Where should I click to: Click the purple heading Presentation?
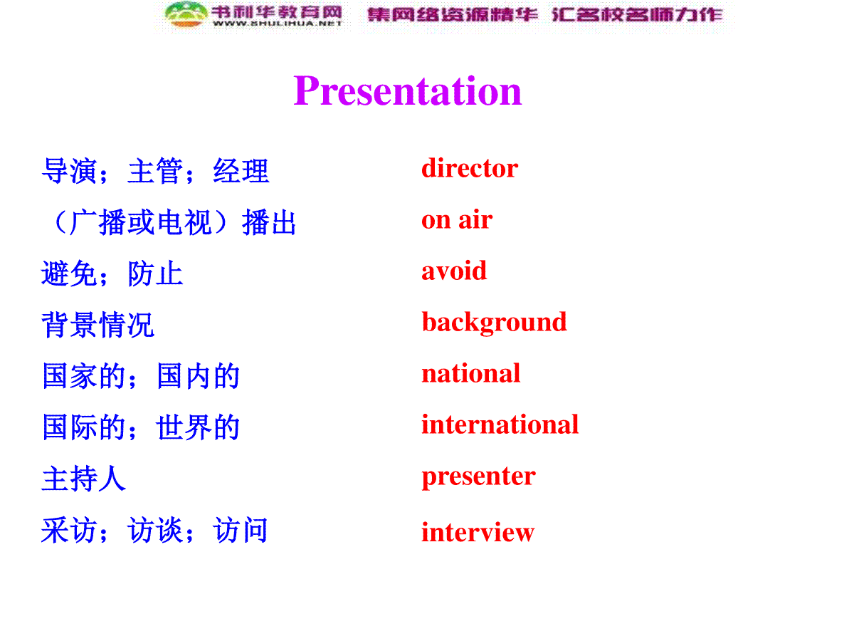(407, 90)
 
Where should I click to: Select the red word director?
(469, 168)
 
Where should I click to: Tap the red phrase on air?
(457, 219)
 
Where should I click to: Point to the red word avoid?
(453, 270)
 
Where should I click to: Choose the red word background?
(494, 323)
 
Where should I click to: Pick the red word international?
(500, 424)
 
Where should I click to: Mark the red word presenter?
(478, 476)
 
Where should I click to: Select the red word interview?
(478, 531)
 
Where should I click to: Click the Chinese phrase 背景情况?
(97, 325)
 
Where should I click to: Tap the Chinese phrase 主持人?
(84, 479)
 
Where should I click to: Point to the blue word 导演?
(69, 170)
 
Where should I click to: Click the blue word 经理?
(241, 170)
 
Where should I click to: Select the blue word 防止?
(155, 273)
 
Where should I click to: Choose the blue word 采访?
(69, 530)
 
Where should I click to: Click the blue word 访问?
(240, 530)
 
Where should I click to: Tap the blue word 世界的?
(197, 427)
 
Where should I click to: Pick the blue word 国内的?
(197, 375)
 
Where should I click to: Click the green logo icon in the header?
(186, 15)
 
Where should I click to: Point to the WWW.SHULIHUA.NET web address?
(277, 24)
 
